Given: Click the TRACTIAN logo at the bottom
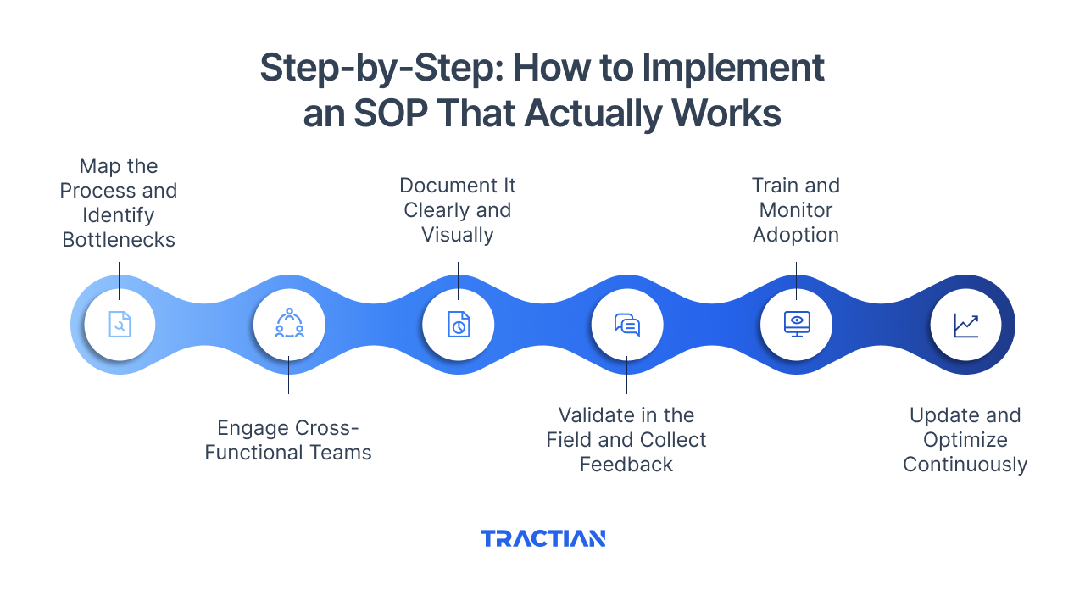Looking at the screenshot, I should tap(542, 538).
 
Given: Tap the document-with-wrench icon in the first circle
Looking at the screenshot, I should tap(120, 325).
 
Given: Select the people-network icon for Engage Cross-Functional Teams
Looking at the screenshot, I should tap(289, 325).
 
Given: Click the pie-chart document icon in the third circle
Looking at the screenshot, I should tap(458, 325).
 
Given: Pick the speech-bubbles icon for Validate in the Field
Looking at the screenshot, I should tap(627, 325).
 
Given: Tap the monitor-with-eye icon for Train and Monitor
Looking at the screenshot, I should tap(797, 325).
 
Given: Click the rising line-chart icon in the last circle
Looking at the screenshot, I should tap(965, 325).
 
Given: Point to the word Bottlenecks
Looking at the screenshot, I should tap(119, 240).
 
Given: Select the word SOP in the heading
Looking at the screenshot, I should tap(391, 114).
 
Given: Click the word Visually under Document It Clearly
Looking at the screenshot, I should tap(458, 235).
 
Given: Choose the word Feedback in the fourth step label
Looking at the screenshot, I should tap(626, 465).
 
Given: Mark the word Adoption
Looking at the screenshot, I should tap(796, 235).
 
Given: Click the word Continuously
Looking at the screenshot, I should tap(965, 465).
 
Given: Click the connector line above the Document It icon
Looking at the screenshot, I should tap(458, 280).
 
